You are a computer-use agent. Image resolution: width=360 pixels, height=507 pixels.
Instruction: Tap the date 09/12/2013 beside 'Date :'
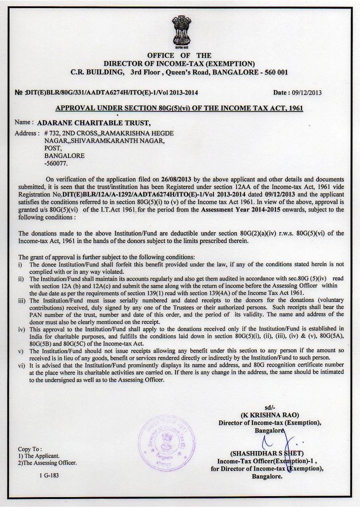[304, 92]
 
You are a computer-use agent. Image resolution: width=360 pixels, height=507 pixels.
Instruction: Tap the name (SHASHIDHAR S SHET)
[269, 453]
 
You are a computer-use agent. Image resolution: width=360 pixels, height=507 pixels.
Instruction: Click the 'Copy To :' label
[30, 449]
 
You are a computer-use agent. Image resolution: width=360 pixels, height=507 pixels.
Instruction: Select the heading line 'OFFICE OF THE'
[179, 55]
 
